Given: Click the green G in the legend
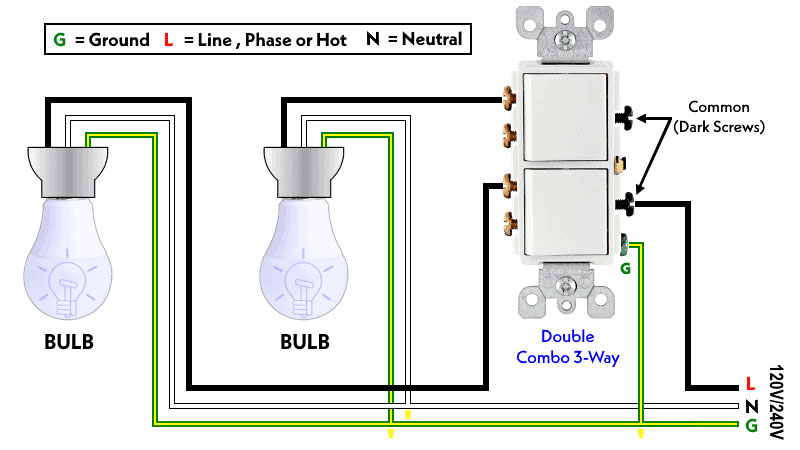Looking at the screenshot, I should click(x=59, y=41).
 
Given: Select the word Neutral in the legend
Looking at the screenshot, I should click(x=427, y=41).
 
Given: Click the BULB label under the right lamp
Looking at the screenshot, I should click(x=304, y=340).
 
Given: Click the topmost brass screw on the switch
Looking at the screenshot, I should click(x=509, y=99).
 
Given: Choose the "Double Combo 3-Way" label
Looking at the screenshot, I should click(x=567, y=347).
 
